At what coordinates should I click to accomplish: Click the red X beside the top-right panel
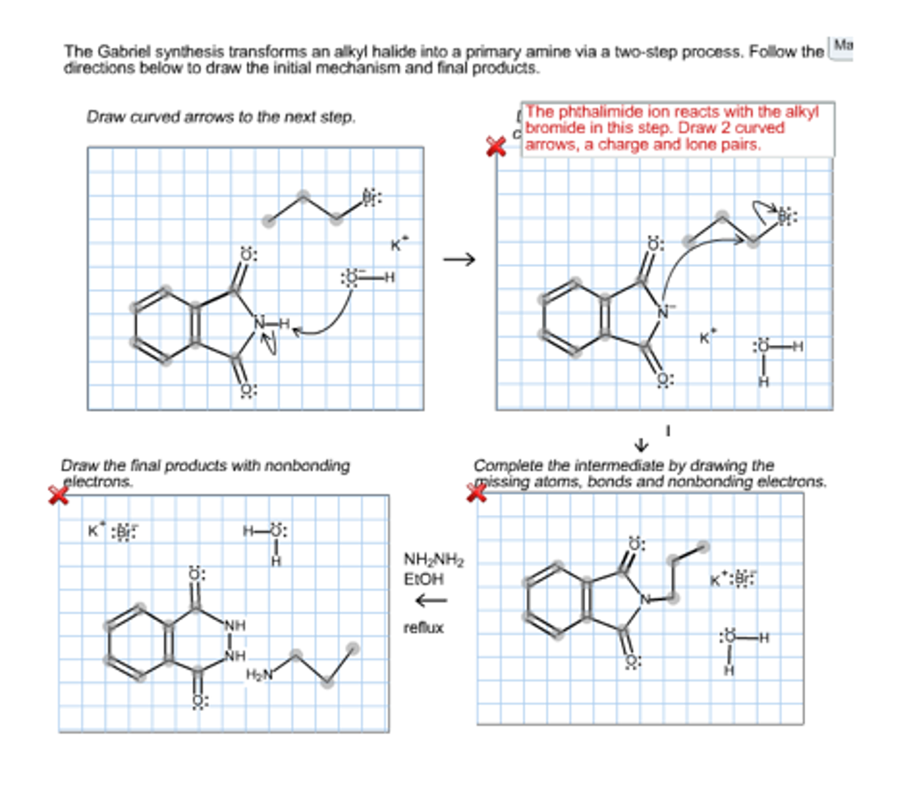click(496, 146)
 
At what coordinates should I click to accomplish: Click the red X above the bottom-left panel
click(59, 495)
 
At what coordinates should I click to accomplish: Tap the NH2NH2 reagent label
click(434, 560)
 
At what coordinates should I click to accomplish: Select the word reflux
click(423, 628)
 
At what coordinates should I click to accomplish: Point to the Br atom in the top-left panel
click(369, 198)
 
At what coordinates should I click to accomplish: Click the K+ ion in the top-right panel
click(706, 338)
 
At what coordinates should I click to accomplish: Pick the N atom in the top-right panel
click(663, 312)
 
